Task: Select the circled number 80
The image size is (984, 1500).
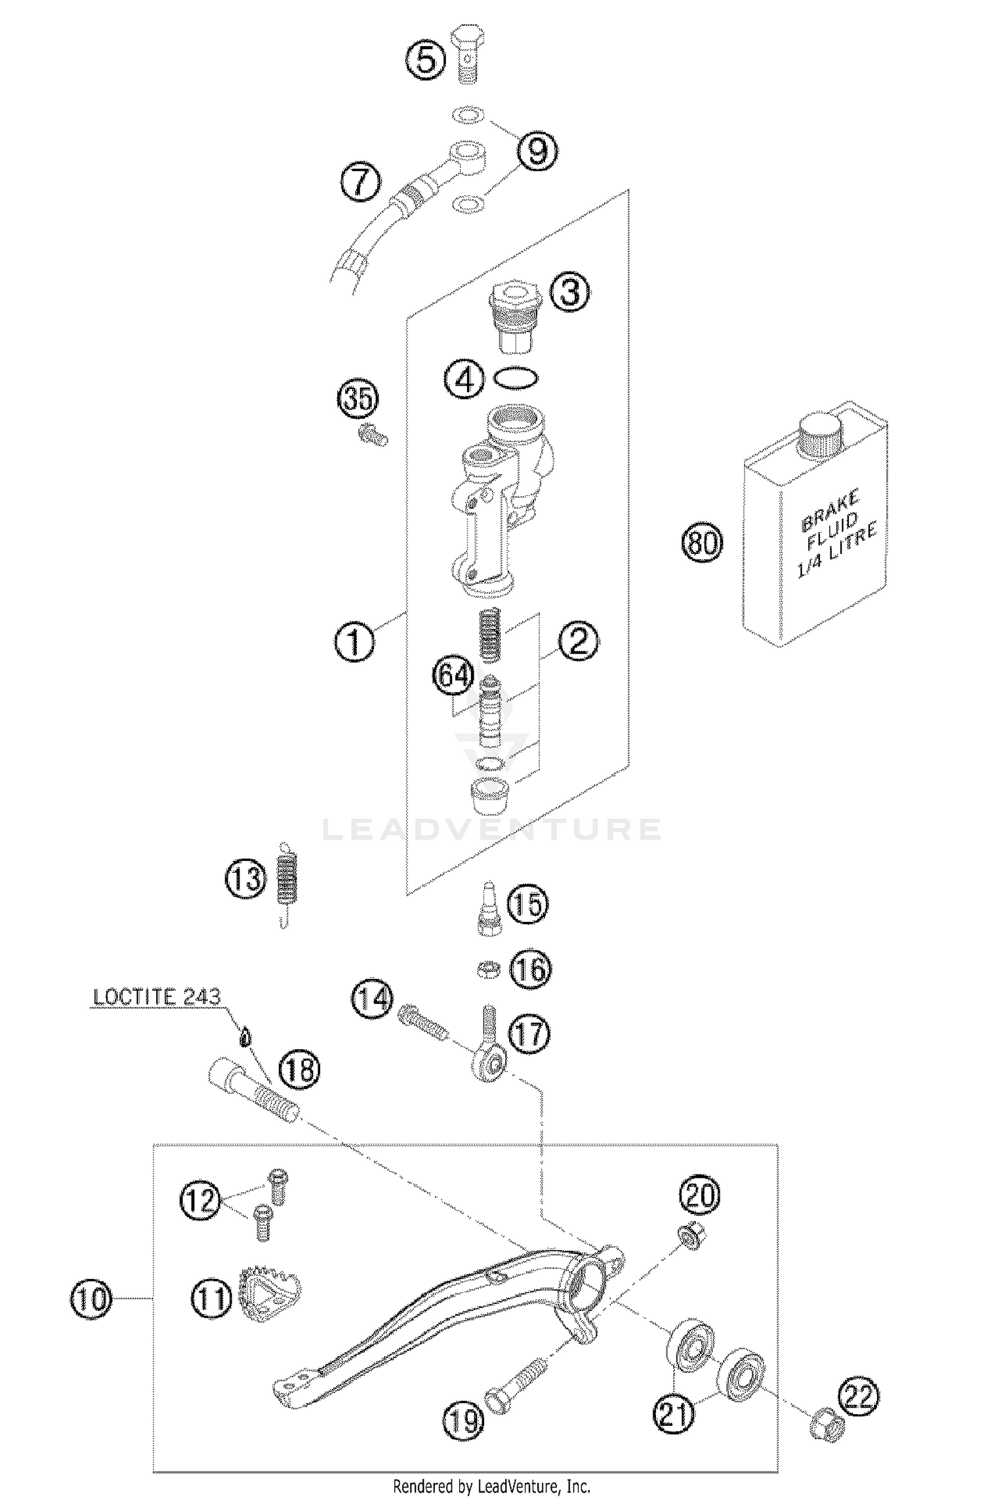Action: click(702, 542)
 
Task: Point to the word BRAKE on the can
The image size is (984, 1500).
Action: click(830, 510)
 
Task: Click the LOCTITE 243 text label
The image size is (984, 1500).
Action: click(157, 996)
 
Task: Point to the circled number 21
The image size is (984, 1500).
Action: click(674, 1412)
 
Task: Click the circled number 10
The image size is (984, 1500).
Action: click(91, 1299)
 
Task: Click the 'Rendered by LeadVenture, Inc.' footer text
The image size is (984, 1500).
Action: click(491, 1486)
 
